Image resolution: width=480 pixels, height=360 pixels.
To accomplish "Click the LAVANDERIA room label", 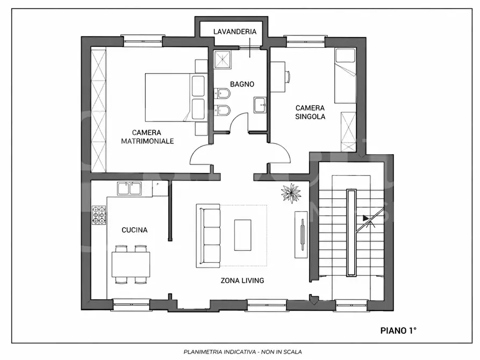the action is pos(235,32).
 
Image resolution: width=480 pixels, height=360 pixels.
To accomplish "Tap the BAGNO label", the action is pos(242,84).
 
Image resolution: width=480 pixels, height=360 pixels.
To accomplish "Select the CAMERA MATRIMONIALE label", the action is pos(147,137).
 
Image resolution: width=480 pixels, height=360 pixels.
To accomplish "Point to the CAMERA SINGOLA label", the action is pos(310,112).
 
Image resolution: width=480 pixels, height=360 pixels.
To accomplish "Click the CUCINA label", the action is pos(134,230).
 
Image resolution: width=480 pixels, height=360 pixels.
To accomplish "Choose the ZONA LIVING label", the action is pos(242,280).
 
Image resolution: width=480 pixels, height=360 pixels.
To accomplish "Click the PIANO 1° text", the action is pos(398,330).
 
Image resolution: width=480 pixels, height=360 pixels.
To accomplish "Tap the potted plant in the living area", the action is pos(291,193).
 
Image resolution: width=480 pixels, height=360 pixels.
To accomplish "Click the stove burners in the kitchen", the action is pos(99,215).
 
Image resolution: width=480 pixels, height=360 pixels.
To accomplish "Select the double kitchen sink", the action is pos(129,189).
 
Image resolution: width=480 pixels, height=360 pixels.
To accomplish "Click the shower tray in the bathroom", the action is pos(222,60).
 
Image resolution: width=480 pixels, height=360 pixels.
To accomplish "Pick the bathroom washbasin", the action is pos(260,105).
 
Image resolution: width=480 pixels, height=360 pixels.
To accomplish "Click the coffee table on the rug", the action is pos(243,235).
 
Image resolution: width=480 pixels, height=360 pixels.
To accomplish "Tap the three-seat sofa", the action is pos(208,236).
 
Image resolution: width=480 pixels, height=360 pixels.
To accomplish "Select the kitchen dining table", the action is pos(131,264).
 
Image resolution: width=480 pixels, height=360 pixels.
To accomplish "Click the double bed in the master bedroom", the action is pos(175,97).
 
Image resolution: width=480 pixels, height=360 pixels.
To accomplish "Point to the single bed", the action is pos(345,76).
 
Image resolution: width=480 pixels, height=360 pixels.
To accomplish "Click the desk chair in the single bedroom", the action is pos(288,76).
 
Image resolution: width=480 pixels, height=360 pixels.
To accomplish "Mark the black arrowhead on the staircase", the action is pos(366,218).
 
